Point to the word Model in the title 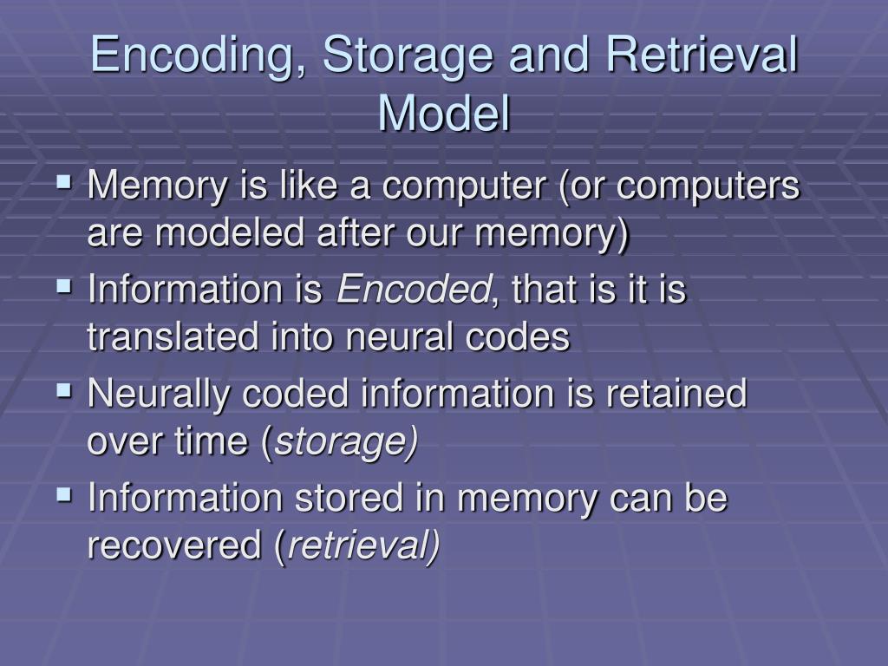click(x=444, y=113)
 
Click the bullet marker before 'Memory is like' click(x=64, y=183)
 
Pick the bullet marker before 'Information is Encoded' click(x=64, y=287)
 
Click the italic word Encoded click(x=413, y=291)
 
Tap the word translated click(x=161, y=338)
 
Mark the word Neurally click(x=158, y=395)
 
